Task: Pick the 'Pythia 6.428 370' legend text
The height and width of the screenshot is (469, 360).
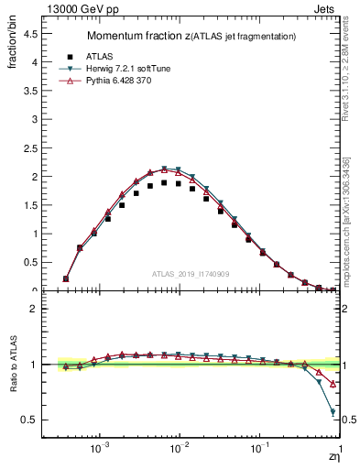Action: (x=123, y=82)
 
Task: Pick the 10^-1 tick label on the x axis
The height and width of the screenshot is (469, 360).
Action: (x=260, y=449)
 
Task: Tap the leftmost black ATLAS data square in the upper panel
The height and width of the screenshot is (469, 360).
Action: (x=65, y=278)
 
